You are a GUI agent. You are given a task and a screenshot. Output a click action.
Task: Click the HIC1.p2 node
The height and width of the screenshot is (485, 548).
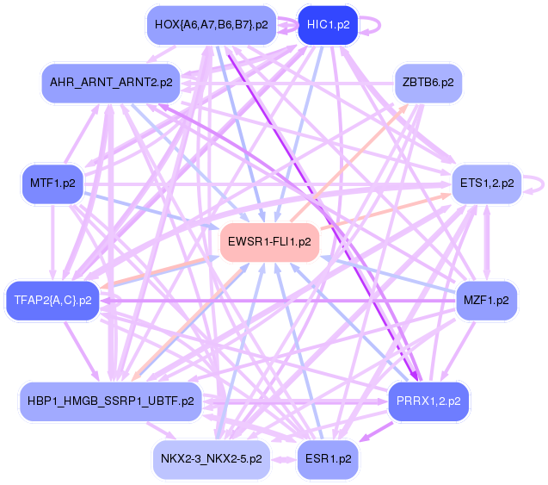[x=328, y=25]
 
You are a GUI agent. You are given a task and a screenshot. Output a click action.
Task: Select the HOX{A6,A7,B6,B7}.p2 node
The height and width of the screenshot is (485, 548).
[x=212, y=25]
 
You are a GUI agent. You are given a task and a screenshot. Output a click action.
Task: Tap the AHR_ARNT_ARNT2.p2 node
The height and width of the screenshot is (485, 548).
[x=111, y=83]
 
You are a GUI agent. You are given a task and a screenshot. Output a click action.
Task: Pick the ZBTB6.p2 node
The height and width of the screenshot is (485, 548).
[x=428, y=83]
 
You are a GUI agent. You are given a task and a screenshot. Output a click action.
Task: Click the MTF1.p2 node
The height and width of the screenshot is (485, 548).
[x=52, y=183]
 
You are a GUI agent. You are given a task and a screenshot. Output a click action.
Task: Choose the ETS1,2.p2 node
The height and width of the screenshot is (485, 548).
[x=487, y=183]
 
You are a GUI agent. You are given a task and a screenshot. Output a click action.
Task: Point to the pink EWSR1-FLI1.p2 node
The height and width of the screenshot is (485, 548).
[x=270, y=242]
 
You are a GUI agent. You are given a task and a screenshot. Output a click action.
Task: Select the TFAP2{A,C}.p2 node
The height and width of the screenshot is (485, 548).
[x=52, y=300]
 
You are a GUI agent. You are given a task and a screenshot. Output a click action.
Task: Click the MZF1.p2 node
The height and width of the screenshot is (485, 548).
[x=487, y=300]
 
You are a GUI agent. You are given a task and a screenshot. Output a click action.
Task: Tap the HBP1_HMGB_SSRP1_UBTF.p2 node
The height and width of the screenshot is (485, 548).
[x=111, y=401]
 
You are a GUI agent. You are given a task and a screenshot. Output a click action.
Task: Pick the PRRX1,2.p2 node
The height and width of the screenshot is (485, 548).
[x=428, y=401]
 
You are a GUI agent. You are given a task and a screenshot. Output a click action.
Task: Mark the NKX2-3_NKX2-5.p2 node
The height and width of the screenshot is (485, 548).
[x=212, y=458]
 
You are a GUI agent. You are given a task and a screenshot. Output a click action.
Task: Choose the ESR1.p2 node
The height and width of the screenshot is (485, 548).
[x=328, y=458]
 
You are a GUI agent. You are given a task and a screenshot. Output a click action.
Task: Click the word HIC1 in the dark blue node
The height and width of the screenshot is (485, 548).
[x=321, y=25]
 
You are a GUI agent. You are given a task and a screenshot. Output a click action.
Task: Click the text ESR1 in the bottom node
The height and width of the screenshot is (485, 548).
[x=321, y=458]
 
